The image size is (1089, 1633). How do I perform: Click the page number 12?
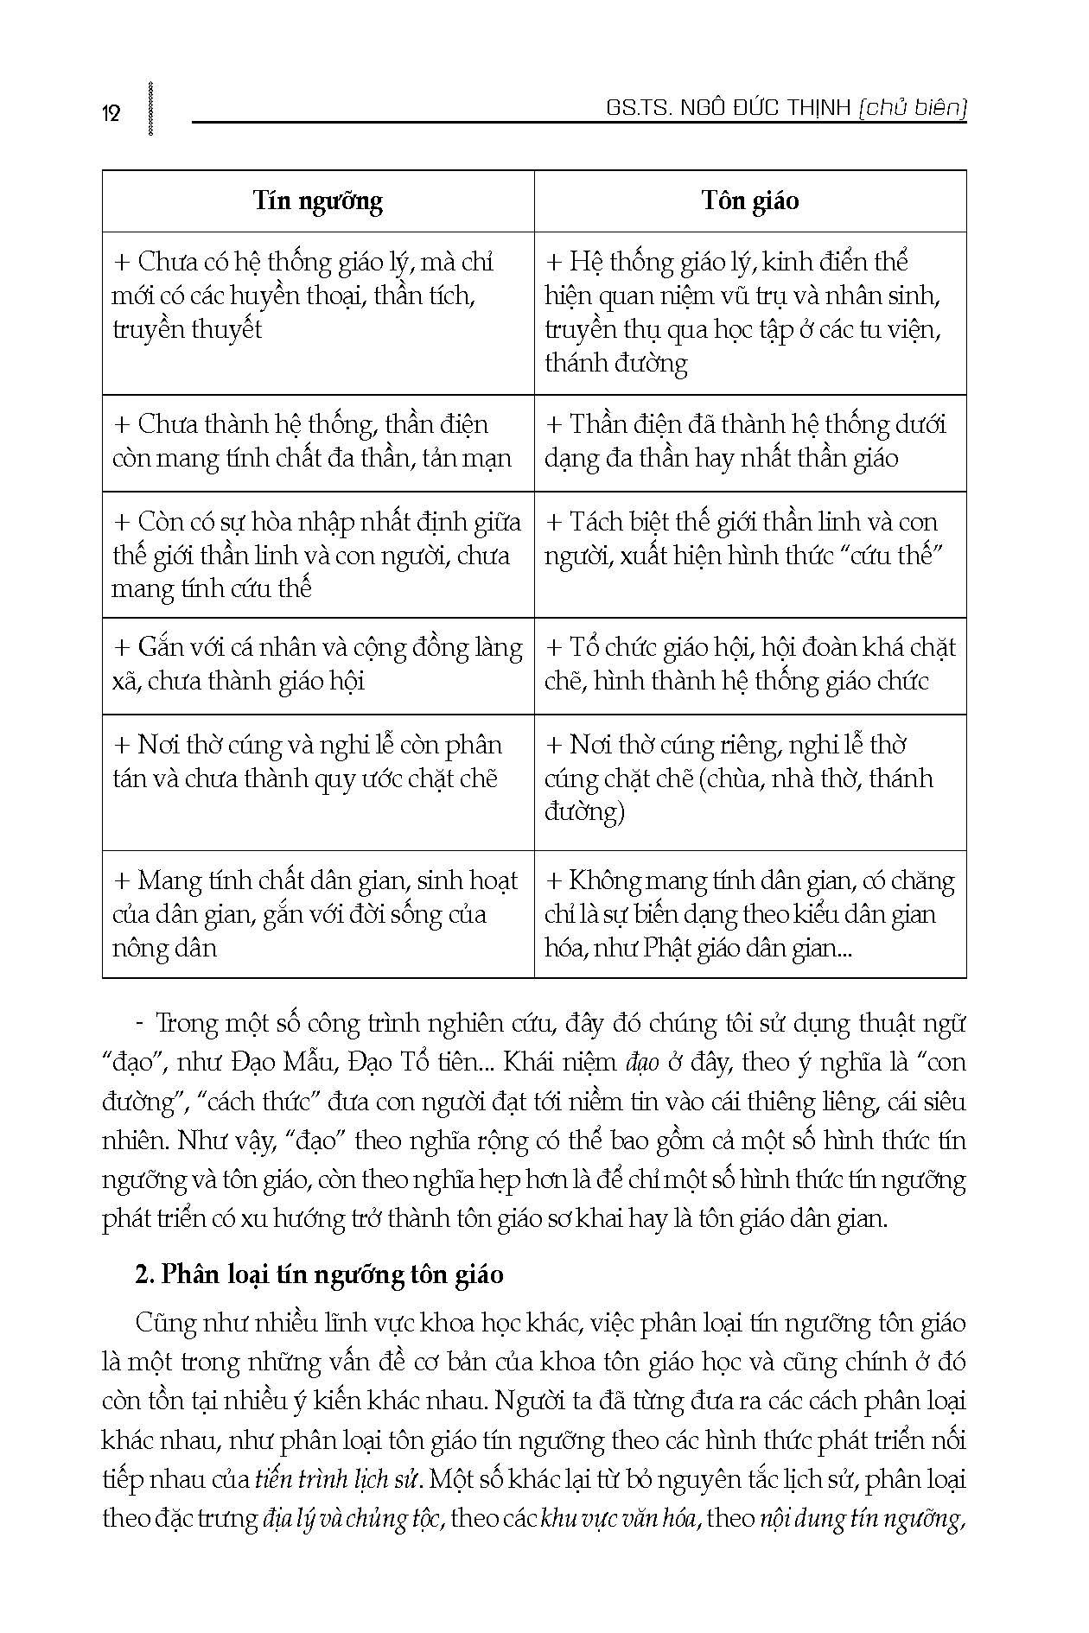[x=111, y=113]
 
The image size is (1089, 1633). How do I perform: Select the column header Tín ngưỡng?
[x=318, y=201]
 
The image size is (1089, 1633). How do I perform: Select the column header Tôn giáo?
[x=750, y=201]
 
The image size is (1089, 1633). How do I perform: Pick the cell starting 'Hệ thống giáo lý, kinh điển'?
[x=748, y=312]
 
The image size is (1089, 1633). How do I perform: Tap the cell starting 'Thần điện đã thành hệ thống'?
[x=748, y=442]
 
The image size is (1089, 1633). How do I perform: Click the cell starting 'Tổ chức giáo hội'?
[x=748, y=664]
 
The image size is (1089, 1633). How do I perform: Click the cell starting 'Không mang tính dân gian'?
[x=748, y=914]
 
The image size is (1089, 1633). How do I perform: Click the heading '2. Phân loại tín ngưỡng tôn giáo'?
[x=320, y=1274]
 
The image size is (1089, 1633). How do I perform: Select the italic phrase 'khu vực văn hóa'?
[x=618, y=1518]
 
